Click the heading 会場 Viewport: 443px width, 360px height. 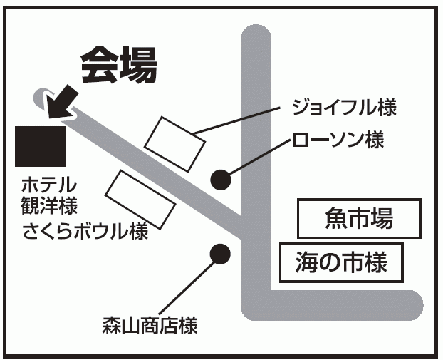(118, 66)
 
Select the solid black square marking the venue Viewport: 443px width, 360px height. (41, 145)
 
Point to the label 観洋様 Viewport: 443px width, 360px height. (48, 207)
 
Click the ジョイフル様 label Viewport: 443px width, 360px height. (343, 108)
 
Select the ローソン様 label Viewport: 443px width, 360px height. (338, 139)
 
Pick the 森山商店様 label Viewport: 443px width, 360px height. (149, 327)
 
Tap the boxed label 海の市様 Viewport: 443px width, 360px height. (342, 263)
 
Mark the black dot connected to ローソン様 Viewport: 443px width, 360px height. (221, 179)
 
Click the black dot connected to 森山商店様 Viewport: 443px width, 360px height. (221, 252)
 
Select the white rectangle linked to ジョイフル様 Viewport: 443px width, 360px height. (175, 143)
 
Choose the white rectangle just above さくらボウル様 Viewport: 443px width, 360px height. (140, 197)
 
